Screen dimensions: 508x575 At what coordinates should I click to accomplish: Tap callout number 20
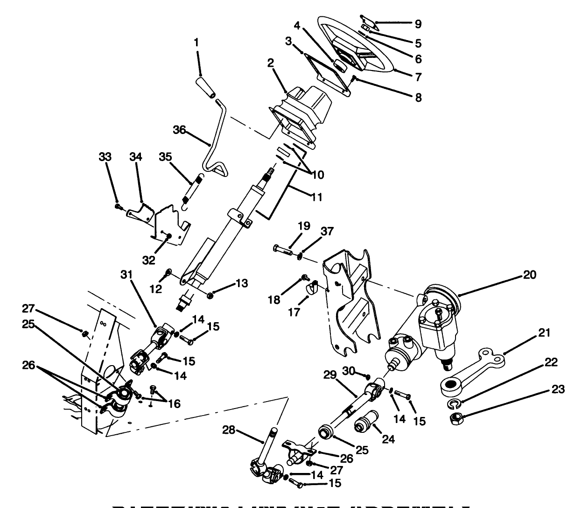click(x=529, y=275)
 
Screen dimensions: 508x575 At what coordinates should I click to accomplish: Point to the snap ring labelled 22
click(x=454, y=403)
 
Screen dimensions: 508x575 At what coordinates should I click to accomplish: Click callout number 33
click(x=105, y=157)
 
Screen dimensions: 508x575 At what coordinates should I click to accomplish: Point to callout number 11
click(x=316, y=197)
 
